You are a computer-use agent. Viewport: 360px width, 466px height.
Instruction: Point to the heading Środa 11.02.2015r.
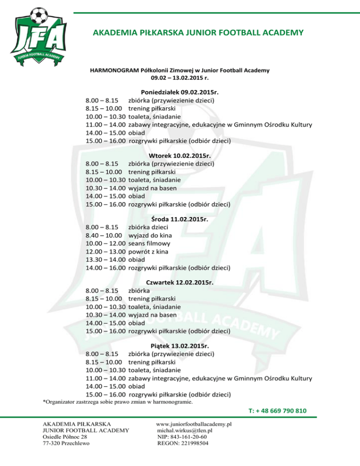(180, 218)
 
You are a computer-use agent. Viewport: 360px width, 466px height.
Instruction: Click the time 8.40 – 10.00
(105, 235)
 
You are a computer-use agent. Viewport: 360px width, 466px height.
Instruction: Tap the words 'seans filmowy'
(150, 244)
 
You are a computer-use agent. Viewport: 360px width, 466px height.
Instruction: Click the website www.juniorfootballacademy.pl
(195, 424)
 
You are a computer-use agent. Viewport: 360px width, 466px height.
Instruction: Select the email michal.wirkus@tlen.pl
(186, 430)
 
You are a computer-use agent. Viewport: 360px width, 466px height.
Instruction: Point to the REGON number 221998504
(183, 443)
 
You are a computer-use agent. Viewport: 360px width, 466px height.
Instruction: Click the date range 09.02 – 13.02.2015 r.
(180, 78)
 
